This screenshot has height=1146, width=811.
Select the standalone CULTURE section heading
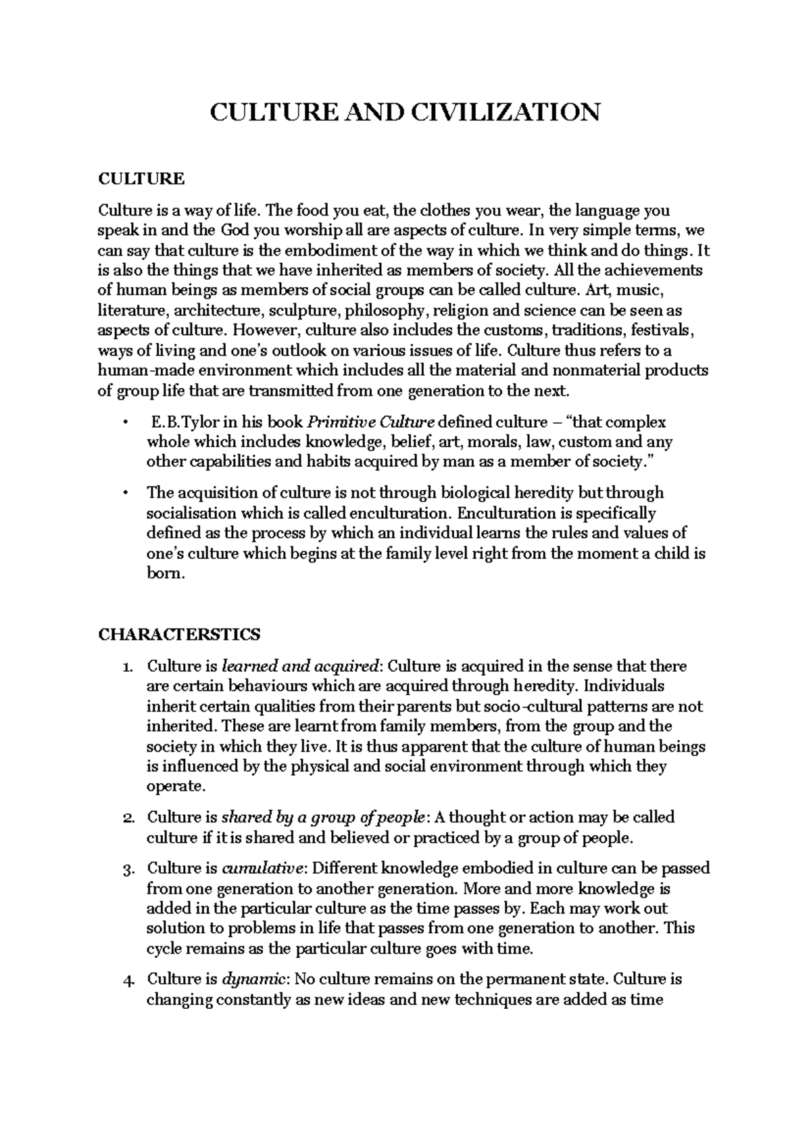(x=141, y=179)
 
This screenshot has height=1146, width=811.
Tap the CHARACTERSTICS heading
(x=179, y=634)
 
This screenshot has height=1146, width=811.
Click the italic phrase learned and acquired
(x=300, y=666)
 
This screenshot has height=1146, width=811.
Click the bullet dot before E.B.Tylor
(x=125, y=423)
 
